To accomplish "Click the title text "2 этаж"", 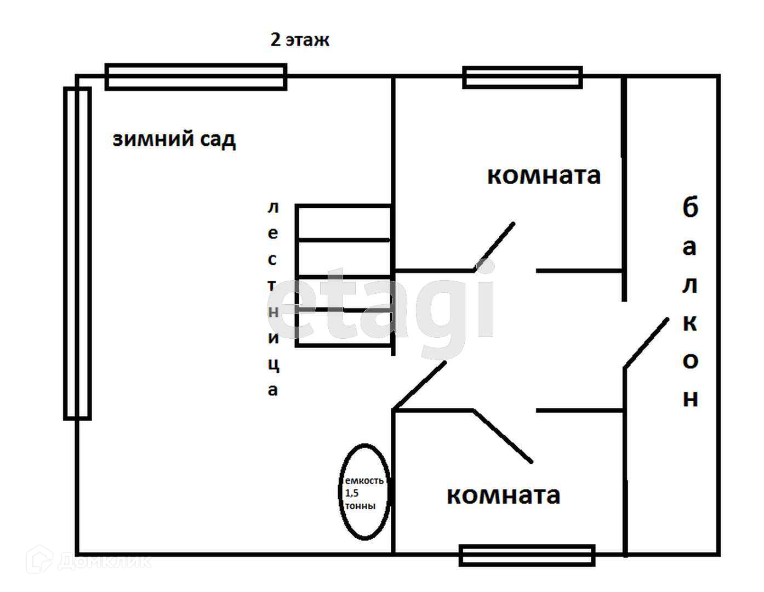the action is (x=299, y=40).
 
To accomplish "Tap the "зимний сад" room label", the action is (x=174, y=139).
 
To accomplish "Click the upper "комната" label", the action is (x=544, y=175).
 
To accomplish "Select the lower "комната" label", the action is (x=503, y=495).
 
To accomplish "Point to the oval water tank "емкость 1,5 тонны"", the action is (x=364, y=492).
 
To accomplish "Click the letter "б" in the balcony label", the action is (x=690, y=208).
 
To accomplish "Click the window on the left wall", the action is (x=77, y=253).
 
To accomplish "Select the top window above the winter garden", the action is (x=196, y=77).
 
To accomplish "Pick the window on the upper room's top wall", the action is (x=522, y=77).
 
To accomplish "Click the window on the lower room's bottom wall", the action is (x=527, y=555).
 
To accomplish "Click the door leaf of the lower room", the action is (x=503, y=436).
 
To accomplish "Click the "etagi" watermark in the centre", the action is (x=381, y=304).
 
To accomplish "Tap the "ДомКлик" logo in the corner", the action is (x=88, y=561).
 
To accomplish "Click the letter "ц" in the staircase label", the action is (x=273, y=365).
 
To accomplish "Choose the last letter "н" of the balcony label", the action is (x=690, y=399).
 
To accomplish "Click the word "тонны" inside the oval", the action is (x=360, y=505).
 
